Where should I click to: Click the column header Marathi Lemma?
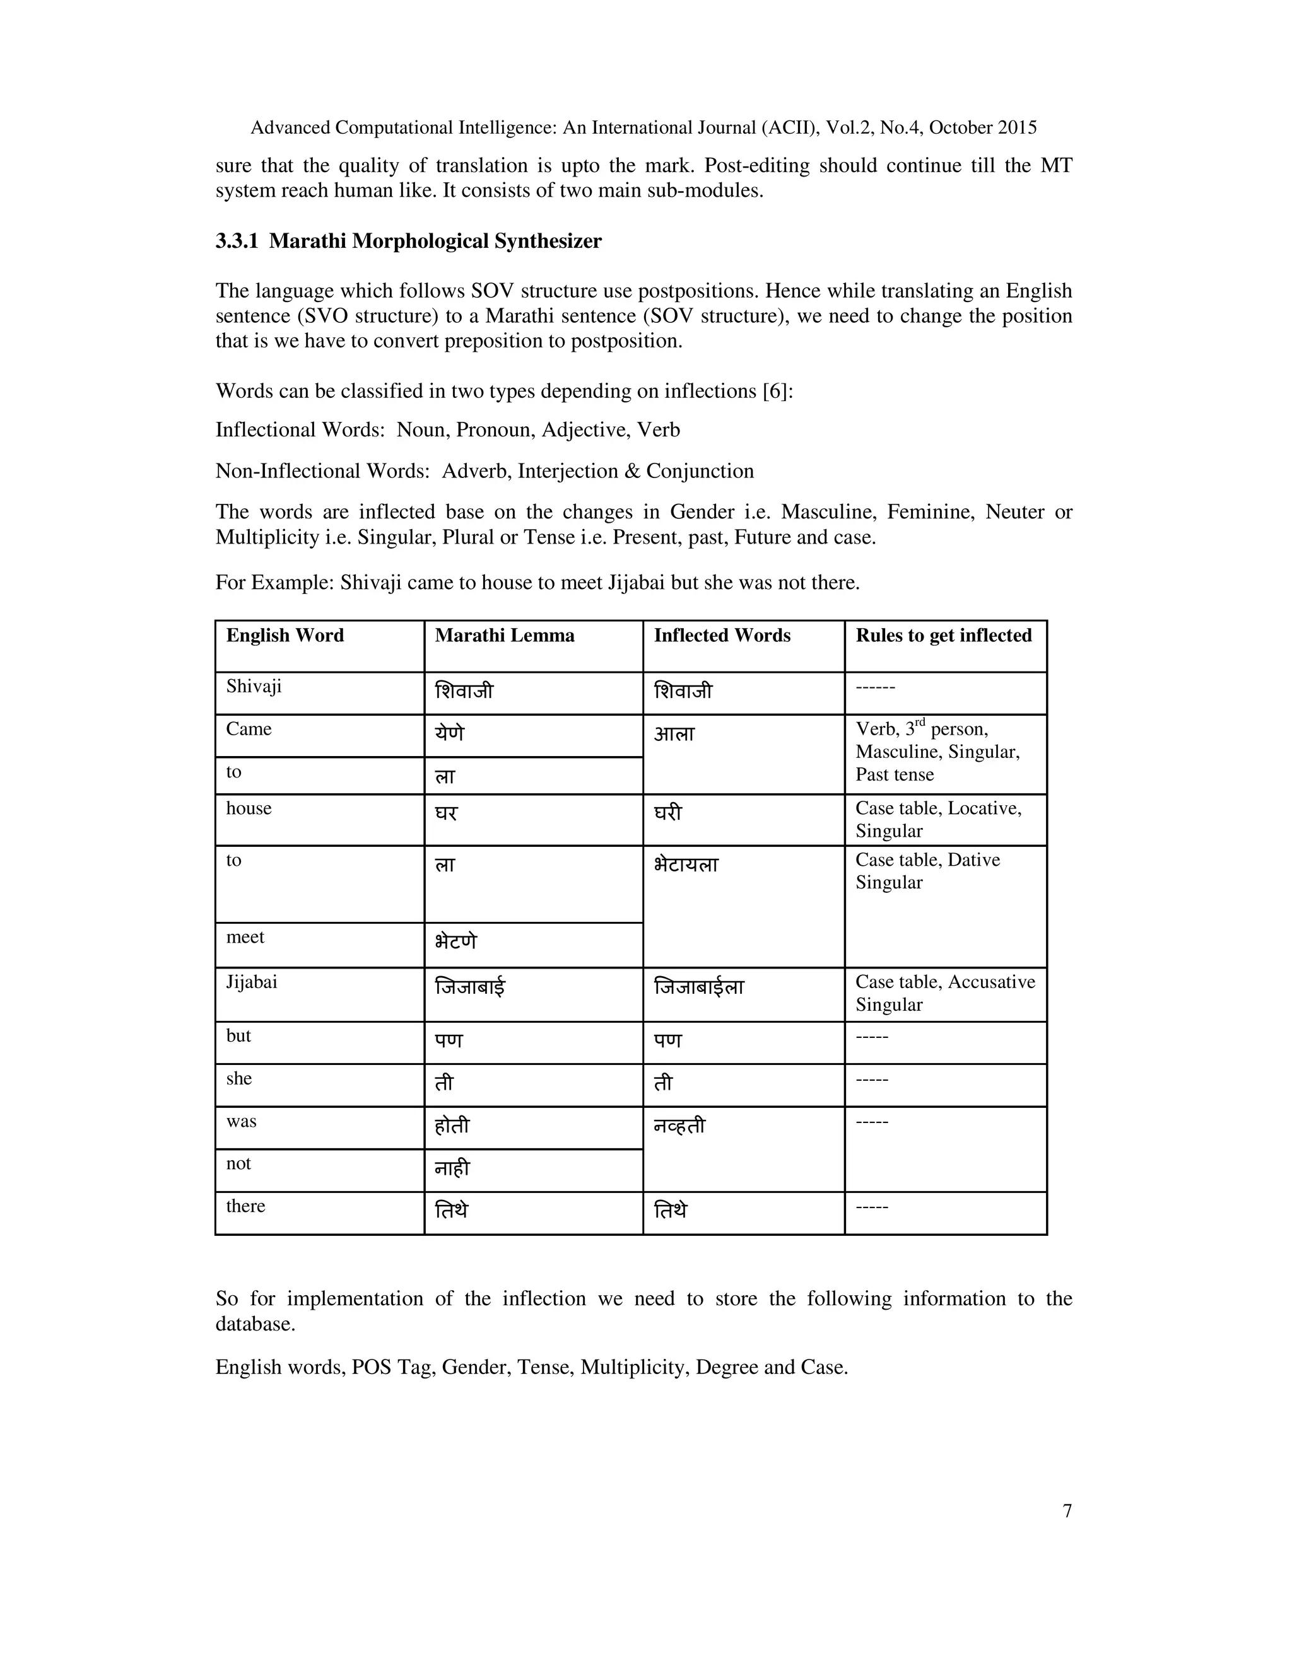[505, 635]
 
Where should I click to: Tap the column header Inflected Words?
[722, 635]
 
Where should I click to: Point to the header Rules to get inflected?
[943, 635]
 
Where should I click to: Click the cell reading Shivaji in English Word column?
[254, 685]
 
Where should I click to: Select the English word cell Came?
[249, 728]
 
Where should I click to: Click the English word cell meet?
[245, 936]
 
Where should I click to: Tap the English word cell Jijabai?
[252, 982]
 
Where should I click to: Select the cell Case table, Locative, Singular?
[937, 820]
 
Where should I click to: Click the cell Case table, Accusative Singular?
[944, 993]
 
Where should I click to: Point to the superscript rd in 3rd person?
[920, 722]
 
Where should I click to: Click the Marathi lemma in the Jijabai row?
[470, 987]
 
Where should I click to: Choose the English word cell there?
[245, 1206]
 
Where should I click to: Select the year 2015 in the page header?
[1016, 128]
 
